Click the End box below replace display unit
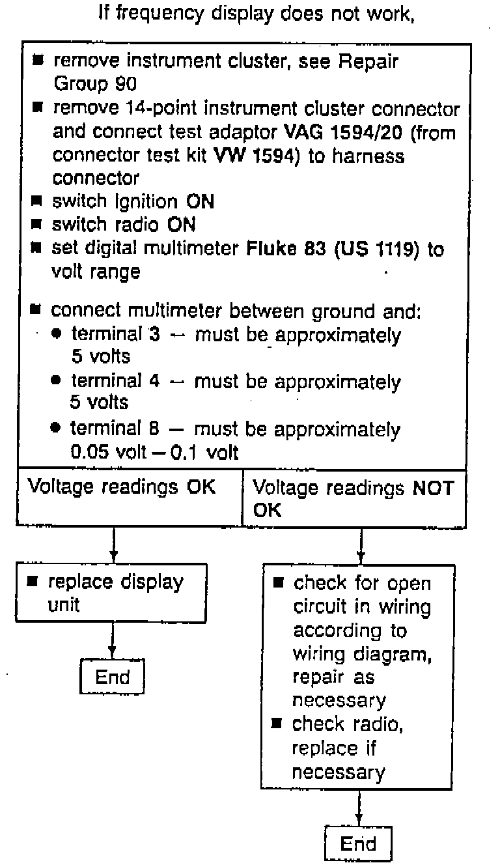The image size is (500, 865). click(111, 677)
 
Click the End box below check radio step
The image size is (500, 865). click(358, 844)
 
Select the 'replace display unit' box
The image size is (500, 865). click(111, 592)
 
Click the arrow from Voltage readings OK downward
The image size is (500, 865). click(114, 545)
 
